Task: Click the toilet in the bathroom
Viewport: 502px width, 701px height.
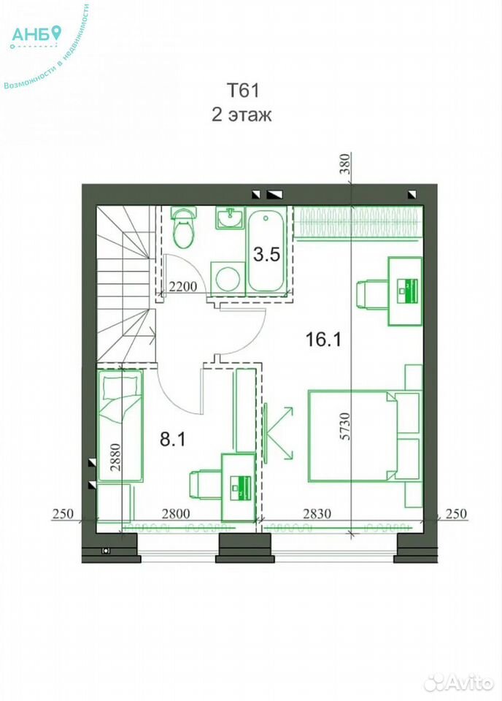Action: coord(184,227)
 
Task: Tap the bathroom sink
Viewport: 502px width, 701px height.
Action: coord(231,218)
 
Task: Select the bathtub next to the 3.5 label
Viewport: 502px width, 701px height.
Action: coord(266,251)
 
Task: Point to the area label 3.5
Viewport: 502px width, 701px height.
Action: coord(266,254)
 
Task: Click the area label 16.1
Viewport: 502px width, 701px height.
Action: coord(323,340)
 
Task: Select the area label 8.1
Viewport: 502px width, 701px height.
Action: coord(172,440)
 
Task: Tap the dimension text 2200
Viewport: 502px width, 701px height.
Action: coord(183,286)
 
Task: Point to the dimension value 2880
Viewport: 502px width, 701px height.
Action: coord(116,458)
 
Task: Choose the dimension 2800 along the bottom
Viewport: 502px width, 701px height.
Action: coord(176,513)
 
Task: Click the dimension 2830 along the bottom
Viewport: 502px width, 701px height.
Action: coord(317,513)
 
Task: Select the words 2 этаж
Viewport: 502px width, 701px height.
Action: coord(242,115)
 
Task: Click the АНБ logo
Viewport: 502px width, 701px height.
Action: coord(36,35)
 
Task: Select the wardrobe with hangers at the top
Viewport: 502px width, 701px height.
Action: coord(358,222)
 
